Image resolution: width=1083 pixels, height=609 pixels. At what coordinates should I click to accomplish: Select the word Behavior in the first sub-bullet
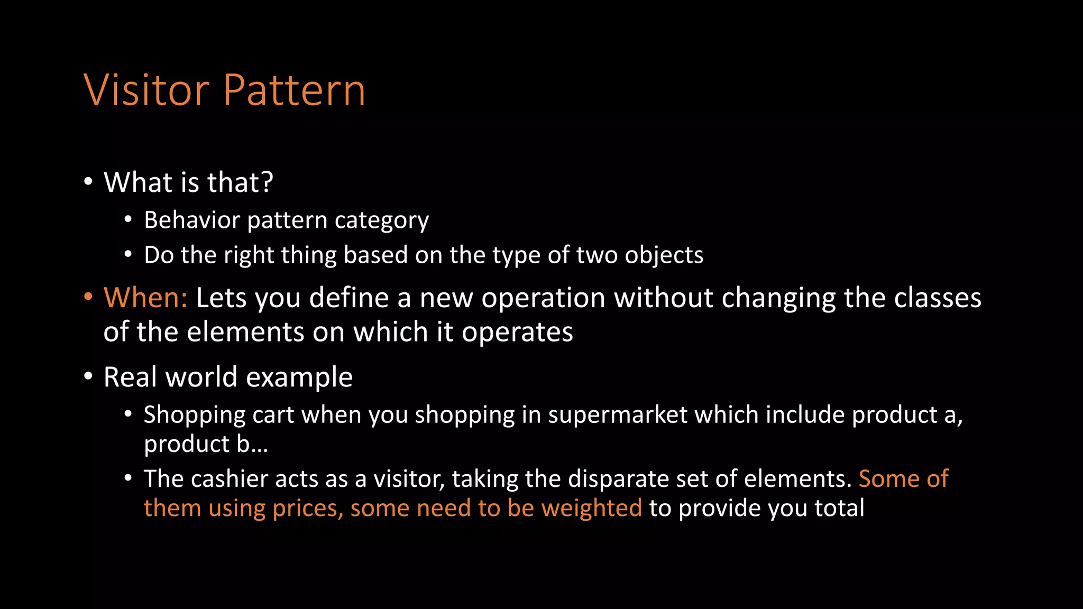pos(191,220)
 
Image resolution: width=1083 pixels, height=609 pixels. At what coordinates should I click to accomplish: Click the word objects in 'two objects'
pos(664,255)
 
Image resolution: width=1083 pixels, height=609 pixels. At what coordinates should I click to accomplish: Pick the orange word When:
pos(145,298)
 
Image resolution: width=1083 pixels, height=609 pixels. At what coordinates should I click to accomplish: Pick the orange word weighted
pos(591,509)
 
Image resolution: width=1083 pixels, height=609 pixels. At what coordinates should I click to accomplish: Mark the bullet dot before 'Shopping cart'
pos(128,414)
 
